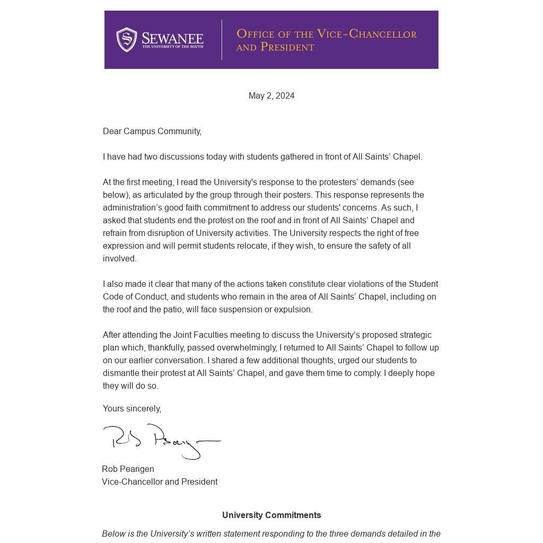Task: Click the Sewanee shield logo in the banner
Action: (x=127, y=40)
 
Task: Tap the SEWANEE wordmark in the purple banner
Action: (x=172, y=38)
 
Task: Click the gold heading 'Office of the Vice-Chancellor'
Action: (x=326, y=34)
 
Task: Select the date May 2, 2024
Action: (x=271, y=96)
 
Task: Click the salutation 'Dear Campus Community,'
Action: (x=152, y=132)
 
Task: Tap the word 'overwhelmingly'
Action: (x=250, y=348)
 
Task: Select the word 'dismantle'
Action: (x=121, y=373)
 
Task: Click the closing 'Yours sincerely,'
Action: (x=132, y=409)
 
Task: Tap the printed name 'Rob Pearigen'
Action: (x=128, y=469)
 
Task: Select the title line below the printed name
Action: (x=160, y=482)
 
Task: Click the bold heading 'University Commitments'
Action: (x=271, y=515)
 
